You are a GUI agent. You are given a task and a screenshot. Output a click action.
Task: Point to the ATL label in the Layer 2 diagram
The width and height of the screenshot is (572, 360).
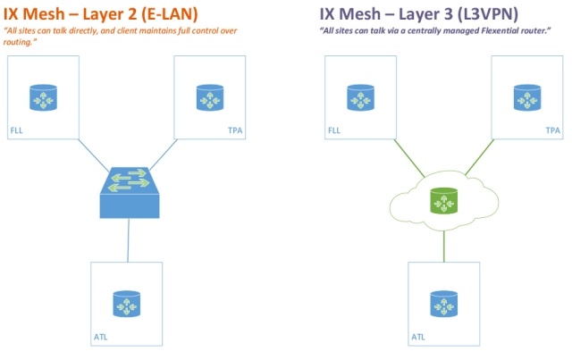pos(101,337)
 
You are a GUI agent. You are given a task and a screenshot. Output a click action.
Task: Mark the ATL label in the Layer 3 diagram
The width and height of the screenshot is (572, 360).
pos(418,337)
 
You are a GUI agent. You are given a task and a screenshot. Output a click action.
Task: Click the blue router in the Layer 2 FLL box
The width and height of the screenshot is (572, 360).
pos(41,97)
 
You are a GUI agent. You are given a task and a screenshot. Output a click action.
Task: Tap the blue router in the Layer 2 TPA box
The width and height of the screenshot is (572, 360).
pos(210,97)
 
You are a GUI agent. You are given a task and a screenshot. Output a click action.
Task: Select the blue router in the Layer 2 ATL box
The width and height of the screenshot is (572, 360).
pos(128,304)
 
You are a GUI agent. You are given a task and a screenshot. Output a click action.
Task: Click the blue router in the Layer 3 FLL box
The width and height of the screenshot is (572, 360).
pos(359,97)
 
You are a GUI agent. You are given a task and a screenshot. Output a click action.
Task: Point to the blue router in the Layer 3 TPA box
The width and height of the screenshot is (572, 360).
pos(527,97)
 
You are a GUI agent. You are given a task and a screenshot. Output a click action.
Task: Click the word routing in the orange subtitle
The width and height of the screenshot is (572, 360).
pos(21,41)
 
